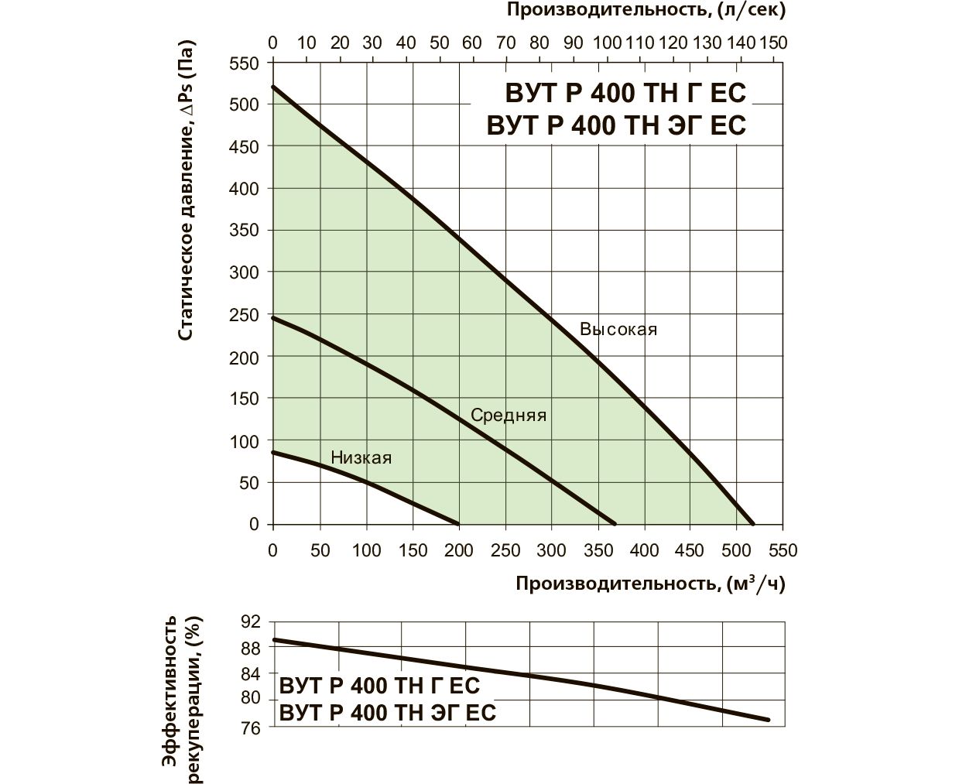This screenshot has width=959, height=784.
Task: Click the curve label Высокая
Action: click(618, 329)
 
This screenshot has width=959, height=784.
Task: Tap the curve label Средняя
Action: click(509, 416)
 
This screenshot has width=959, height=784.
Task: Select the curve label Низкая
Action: click(361, 457)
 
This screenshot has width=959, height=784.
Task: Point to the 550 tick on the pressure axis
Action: click(245, 63)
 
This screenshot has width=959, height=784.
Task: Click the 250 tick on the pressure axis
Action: click(245, 315)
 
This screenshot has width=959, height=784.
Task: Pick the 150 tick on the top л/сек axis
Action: click(772, 42)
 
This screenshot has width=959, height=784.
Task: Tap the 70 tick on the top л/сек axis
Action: click(505, 42)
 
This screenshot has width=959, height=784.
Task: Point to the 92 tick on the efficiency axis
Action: click(252, 621)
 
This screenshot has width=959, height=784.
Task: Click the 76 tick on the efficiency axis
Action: click(252, 728)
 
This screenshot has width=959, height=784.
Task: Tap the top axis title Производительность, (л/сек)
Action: click(646, 11)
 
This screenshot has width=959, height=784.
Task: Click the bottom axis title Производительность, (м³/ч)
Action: click(650, 584)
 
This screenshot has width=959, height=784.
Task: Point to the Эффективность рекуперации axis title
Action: click(183, 700)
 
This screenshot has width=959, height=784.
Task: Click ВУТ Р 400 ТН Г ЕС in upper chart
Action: click(625, 93)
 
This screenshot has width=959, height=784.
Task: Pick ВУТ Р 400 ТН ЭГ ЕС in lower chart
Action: click(387, 712)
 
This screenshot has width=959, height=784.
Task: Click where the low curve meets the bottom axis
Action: click(459, 524)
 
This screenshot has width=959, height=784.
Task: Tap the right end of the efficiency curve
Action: click(769, 720)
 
